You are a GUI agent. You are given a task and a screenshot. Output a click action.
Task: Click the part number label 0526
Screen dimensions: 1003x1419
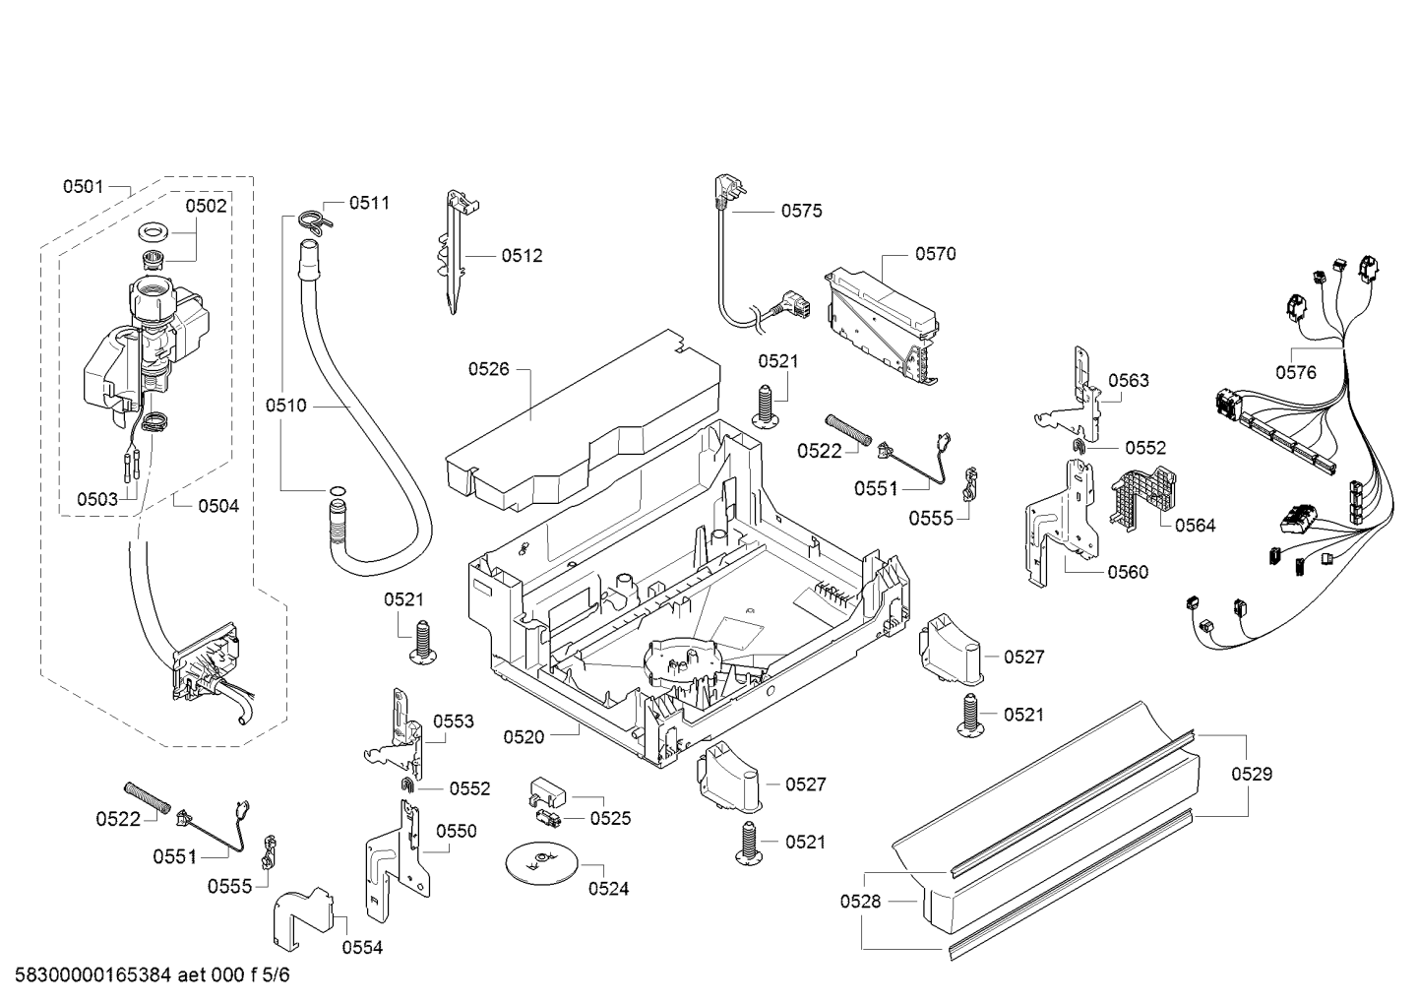coord(488,369)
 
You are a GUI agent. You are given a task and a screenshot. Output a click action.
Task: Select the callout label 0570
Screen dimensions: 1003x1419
coord(935,254)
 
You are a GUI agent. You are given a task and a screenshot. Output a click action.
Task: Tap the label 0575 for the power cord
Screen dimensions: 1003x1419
coord(801,211)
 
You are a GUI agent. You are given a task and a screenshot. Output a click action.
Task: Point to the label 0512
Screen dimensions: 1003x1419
coord(522,256)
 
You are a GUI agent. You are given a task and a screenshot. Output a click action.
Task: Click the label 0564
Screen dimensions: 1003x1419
coord(1195,526)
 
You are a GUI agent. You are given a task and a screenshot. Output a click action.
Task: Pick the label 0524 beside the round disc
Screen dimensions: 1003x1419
coord(608,889)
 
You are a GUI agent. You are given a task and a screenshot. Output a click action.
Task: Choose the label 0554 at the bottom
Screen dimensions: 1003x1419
coord(362,948)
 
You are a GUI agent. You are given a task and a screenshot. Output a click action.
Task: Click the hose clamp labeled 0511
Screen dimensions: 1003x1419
coord(313,220)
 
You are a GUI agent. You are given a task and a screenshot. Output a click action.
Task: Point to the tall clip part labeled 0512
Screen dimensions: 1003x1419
coord(455,251)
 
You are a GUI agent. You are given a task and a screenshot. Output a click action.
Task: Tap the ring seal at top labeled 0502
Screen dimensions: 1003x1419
coord(153,233)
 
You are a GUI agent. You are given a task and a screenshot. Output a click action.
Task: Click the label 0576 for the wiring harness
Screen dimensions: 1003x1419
coord(1295,372)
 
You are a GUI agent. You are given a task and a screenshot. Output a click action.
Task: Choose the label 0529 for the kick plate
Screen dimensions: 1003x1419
coord(1252,775)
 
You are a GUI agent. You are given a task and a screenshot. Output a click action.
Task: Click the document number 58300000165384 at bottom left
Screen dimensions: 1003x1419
coord(90,976)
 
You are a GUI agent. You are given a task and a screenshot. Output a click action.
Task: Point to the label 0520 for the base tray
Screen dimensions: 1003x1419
coord(524,735)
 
